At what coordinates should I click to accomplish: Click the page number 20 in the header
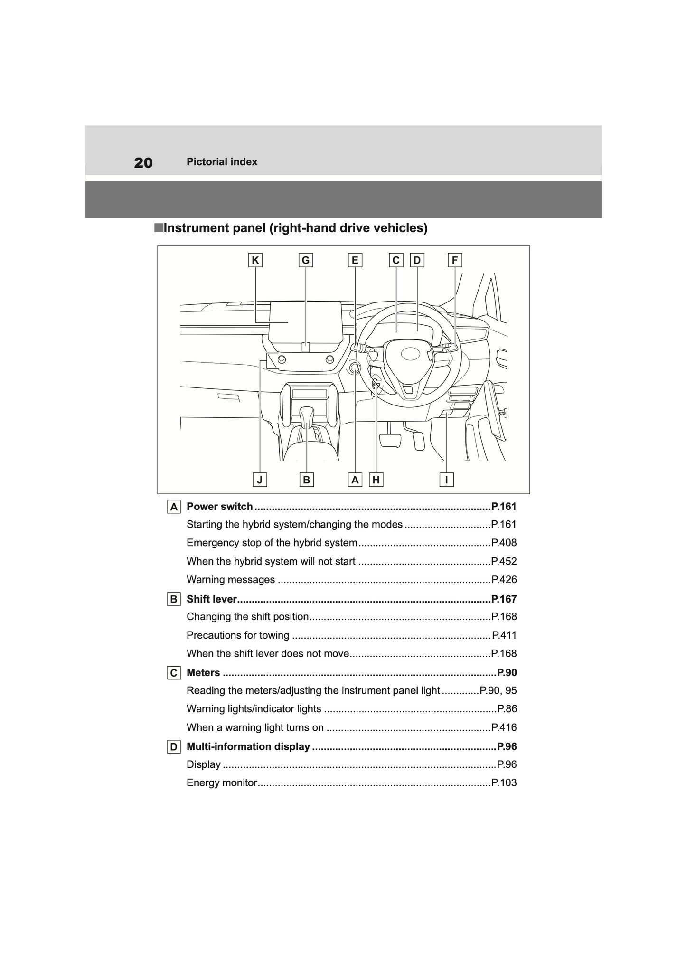(143, 163)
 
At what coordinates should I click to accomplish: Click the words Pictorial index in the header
(222, 162)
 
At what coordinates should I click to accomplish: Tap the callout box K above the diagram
(255, 260)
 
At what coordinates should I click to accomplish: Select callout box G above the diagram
(306, 260)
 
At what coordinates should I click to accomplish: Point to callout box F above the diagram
(455, 260)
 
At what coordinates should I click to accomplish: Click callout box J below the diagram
(260, 480)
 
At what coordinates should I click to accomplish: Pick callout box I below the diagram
(446, 480)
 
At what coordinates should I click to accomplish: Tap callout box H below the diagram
(376, 480)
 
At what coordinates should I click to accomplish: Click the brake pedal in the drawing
(390, 440)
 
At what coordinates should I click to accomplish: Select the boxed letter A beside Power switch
(174, 507)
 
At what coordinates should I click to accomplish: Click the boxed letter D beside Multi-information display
(174, 747)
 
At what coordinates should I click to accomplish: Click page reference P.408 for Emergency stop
(504, 543)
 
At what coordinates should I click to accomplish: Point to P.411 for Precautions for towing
(504, 635)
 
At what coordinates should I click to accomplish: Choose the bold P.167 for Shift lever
(504, 599)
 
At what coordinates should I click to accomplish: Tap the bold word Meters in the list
(203, 673)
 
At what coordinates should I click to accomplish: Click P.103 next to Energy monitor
(504, 783)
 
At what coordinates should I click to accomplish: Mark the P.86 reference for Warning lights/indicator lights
(507, 709)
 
